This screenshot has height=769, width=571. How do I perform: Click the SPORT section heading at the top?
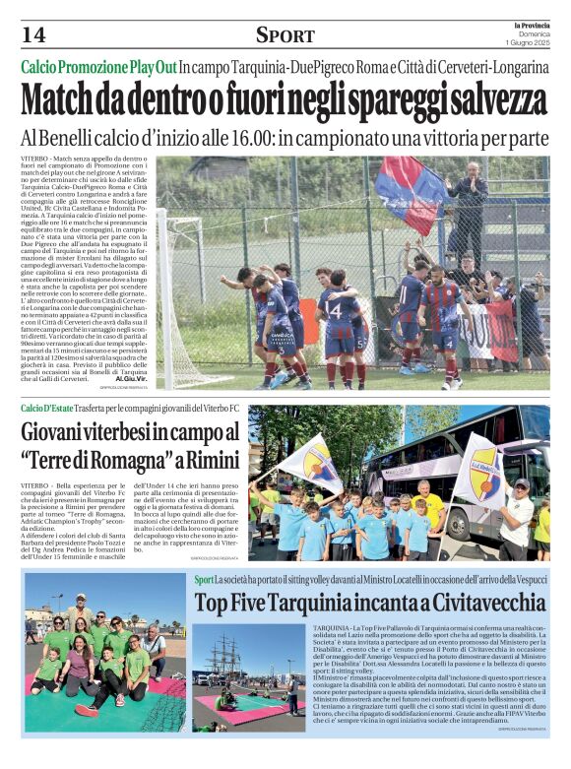285,35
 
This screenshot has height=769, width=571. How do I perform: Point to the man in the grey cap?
516,512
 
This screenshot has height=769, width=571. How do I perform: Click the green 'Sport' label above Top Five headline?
204,579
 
